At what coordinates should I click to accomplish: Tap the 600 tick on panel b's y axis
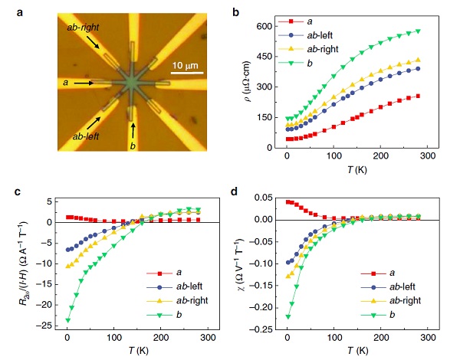[267, 26]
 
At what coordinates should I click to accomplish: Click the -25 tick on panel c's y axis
[49, 326]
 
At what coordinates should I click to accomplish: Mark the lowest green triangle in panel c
[68, 320]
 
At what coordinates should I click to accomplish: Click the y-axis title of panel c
[25, 263]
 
